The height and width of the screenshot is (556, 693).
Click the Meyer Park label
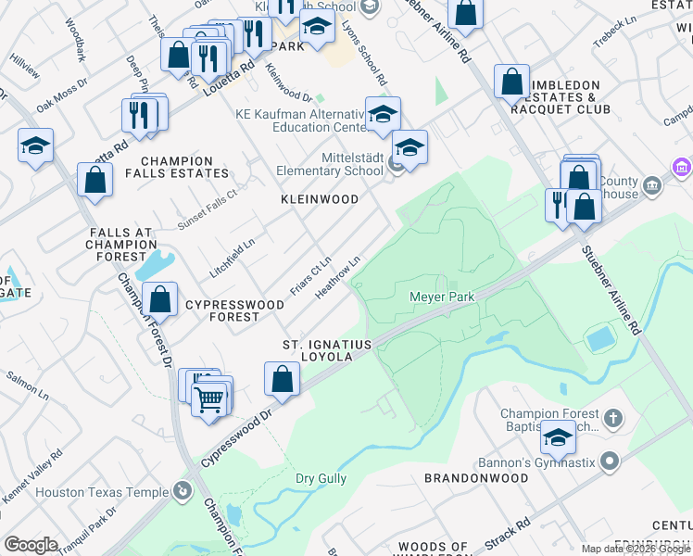pos(442,297)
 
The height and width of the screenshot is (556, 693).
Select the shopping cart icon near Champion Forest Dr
pos(211,399)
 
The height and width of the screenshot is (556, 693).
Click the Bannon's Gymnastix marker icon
pos(609,461)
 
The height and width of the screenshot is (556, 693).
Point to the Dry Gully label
pos(321,479)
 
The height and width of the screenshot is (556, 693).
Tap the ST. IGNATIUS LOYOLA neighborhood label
pos(327,351)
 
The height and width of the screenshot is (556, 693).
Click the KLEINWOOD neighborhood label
pos(320,199)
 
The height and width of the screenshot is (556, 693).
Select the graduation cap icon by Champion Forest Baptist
pos(558,436)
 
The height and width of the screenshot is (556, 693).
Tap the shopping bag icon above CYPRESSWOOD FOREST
pos(160,298)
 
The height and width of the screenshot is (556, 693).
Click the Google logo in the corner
pos(30,545)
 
